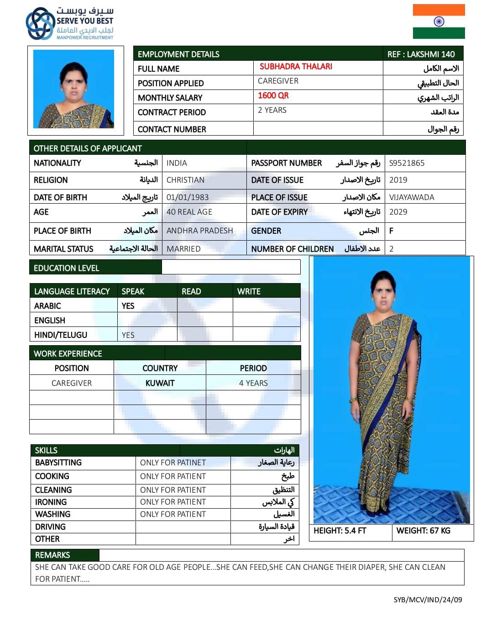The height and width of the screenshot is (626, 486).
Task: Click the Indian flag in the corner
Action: (439, 21)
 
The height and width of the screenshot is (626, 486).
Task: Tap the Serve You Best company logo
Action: (69, 23)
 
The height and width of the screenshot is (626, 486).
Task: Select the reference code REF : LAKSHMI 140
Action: (421, 54)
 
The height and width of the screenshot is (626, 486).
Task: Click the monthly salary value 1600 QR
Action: (273, 95)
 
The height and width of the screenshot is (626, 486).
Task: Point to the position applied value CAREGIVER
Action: (278, 81)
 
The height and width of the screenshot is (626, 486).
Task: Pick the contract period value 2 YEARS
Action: (272, 110)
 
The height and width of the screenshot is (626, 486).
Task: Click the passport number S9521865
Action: (407, 163)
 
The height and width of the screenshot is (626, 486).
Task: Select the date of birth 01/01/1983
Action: (187, 197)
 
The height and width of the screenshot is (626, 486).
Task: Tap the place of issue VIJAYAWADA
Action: (412, 197)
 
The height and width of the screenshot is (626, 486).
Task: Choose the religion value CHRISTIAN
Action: (185, 180)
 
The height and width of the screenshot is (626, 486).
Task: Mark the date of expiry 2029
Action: (398, 212)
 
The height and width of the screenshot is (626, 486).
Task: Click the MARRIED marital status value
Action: (183, 249)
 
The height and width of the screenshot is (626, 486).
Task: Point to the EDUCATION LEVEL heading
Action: (67, 268)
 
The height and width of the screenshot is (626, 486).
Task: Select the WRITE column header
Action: (249, 291)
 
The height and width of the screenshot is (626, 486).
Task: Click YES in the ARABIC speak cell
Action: (128, 306)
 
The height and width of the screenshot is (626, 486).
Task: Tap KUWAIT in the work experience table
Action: (160, 383)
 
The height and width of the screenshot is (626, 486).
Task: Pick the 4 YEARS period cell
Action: (253, 383)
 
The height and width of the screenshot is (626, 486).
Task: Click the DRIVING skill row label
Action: (50, 526)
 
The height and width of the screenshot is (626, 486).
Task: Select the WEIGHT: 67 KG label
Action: (423, 531)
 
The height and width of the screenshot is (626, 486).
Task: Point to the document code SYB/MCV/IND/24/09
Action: (428, 600)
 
